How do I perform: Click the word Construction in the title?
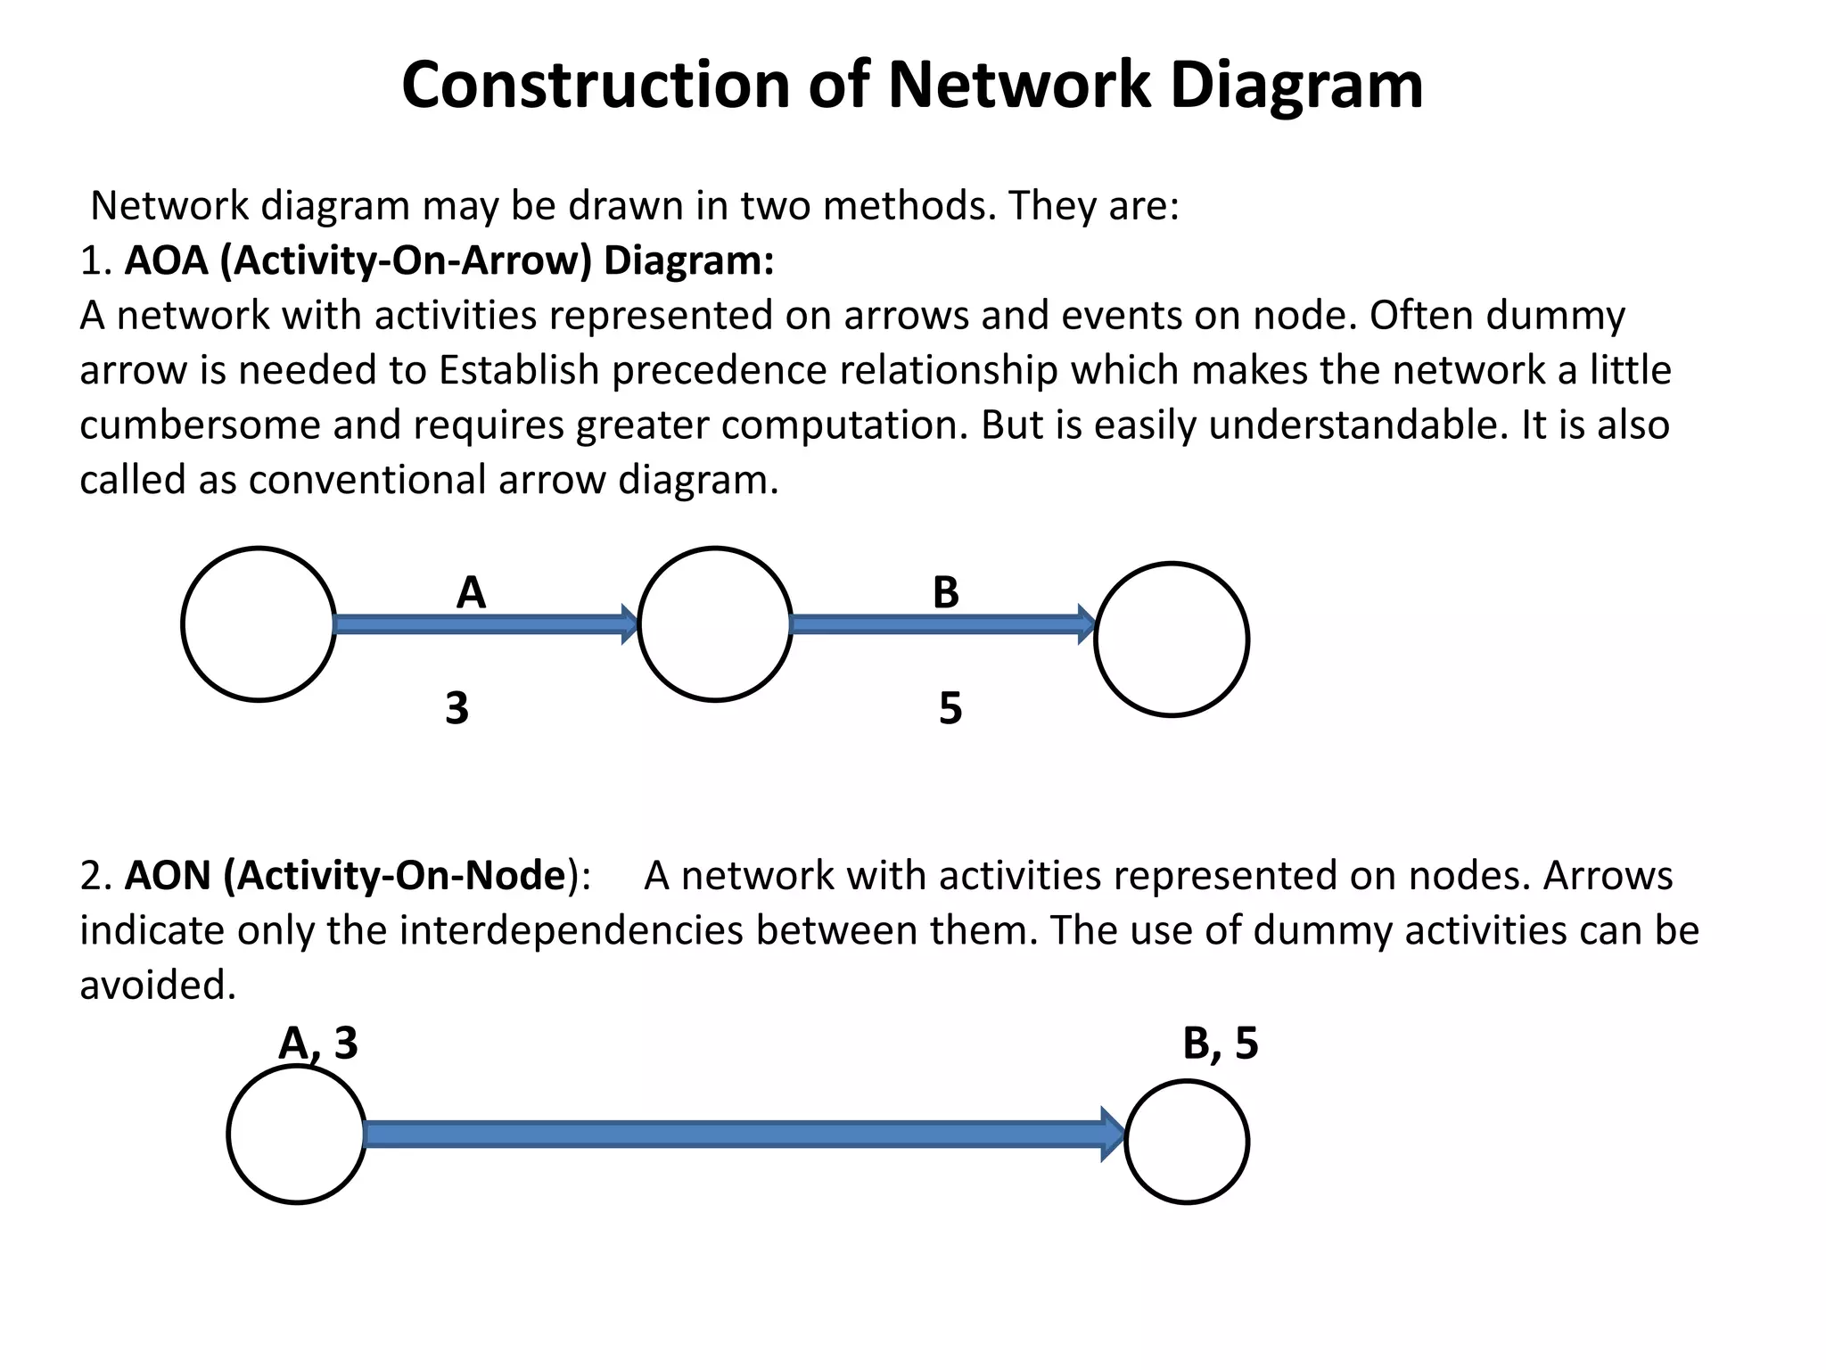click(x=596, y=86)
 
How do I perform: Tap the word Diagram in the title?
click(x=1295, y=86)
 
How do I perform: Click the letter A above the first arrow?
click(x=471, y=593)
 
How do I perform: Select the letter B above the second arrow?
click(x=945, y=593)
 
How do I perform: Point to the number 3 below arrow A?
click(x=456, y=708)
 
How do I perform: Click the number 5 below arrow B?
click(x=950, y=708)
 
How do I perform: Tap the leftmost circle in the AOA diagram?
click(x=259, y=624)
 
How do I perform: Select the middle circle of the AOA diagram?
click(x=715, y=624)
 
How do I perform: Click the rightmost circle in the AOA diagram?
click(x=1172, y=640)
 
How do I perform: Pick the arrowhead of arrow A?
click(x=629, y=623)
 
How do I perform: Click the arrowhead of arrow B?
click(x=1086, y=623)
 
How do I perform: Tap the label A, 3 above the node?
click(x=318, y=1043)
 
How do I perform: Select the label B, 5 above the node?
click(x=1220, y=1043)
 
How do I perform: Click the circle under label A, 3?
click(x=297, y=1135)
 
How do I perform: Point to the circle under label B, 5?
click(x=1187, y=1142)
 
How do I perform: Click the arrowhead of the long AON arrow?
click(x=1113, y=1135)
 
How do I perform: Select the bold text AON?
click(x=168, y=876)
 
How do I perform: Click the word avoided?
click(x=157, y=986)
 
